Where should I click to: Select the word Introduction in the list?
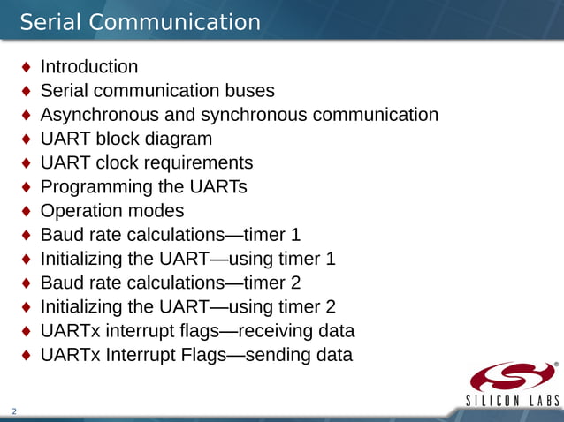(x=89, y=67)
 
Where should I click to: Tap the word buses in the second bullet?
(x=250, y=91)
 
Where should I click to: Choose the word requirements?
(x=199, y=163)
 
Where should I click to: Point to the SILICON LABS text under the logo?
(x=513, y=402)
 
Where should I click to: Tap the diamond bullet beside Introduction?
(x=27, y=67)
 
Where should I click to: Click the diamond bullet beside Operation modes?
(x=27, y=211)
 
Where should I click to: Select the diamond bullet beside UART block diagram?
(x=27, y=139)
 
